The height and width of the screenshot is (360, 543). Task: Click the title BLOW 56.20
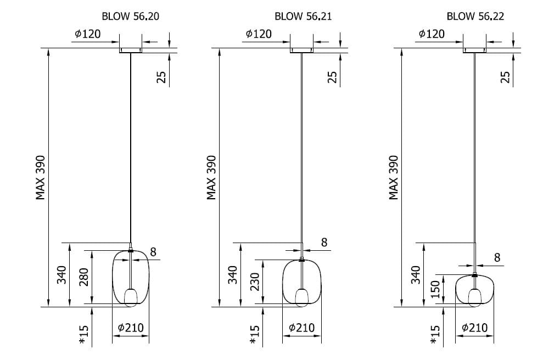(x=131, y=16)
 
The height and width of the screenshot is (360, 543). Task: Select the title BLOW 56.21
(x=303, y=16)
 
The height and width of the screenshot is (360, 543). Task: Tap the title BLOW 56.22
(x=475, y=16)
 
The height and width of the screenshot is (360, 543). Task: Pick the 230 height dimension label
(x=254, y=282)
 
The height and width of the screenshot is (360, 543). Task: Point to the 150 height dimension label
(x=435, y=289)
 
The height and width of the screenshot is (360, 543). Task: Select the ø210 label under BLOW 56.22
(x=475, y=328)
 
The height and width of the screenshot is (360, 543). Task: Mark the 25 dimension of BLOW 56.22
(x=506, y=76)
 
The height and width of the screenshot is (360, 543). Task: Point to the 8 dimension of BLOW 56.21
(x=324, y=242)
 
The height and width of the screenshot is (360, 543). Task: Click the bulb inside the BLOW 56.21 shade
(x=302, y=297)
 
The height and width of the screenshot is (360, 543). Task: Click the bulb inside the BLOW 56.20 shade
(x=131, y=297)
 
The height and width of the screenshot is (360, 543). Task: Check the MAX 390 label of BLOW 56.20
(x=40, y=178)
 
